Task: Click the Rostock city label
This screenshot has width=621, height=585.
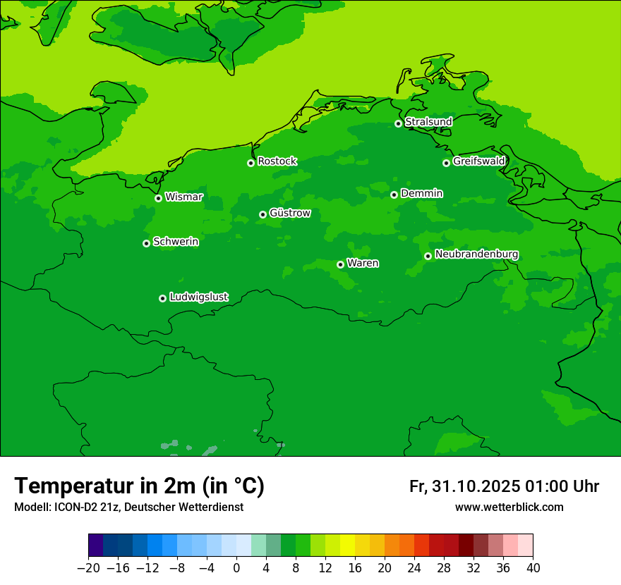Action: (277, 161)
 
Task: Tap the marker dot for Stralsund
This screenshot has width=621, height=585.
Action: (398, 123)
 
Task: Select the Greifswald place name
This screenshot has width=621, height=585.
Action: (478, 161)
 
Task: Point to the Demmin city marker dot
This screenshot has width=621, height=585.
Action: (394, 195)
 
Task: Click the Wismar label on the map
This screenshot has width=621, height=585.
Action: (183, 197)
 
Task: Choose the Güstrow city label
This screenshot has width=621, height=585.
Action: (289, 213)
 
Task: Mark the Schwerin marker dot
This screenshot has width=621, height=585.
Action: (146, 243)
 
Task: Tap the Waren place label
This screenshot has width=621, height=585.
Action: (363, 264)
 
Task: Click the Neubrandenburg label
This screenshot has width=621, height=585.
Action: (476, 254)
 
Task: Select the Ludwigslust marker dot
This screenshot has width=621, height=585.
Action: (162, 298)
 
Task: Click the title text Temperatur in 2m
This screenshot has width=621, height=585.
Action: (106, 486)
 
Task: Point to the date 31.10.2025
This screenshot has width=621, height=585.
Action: (476, 486)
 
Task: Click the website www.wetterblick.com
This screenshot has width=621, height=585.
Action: (509, 507)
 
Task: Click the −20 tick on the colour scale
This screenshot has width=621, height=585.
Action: (88, 568)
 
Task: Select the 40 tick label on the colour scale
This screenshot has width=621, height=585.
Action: (533, 568)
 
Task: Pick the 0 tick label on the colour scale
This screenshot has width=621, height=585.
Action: (236, 568)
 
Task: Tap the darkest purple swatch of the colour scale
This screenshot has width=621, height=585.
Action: (96, 546)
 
